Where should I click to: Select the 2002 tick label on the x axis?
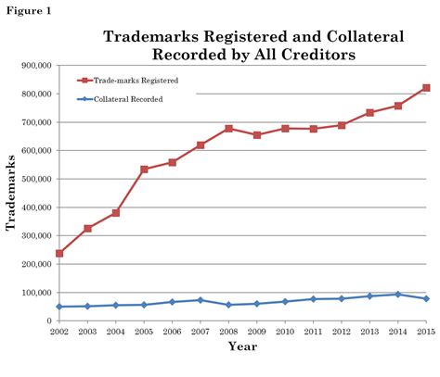point(58,331)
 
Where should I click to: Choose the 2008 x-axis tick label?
point(228,331)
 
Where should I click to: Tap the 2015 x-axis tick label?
point(426,331)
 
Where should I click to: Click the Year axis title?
point(242,348)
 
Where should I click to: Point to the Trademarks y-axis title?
point(11,193)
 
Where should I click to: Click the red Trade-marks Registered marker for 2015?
point(426,88)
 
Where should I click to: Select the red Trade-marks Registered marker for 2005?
point(144,170)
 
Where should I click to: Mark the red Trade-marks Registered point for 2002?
point(59,253)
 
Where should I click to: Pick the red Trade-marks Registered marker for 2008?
point(228,129)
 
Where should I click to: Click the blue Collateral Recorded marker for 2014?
point(398,295)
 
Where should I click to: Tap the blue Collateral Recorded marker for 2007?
point(201,300)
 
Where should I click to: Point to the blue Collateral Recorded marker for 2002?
point(59,307)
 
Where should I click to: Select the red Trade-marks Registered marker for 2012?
point(342,125)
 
